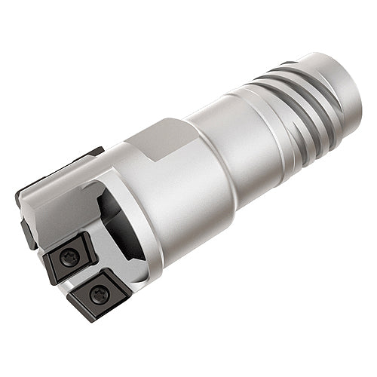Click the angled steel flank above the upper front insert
pos(57,219)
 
